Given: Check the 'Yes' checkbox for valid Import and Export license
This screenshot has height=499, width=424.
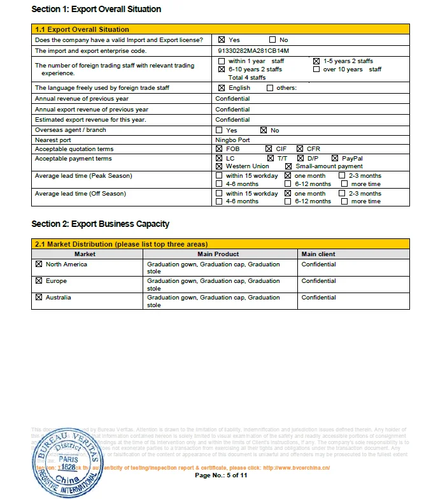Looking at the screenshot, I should pos(222,40).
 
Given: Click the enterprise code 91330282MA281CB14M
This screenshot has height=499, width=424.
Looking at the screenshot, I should pos(244,50).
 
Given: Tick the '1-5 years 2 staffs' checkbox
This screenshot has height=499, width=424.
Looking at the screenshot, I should pos(316,61).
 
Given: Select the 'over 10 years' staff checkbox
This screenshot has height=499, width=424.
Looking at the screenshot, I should pos(316,69).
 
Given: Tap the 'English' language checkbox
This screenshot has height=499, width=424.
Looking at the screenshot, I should pos(222,88).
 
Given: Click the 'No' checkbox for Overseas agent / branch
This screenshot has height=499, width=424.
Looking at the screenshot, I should pos(264,130).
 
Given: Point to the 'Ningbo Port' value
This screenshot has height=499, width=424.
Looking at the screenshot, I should pos(232,140).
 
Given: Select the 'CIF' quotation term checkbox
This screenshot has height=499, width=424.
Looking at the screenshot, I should pos(269,148).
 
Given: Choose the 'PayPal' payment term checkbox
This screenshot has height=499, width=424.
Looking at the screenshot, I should pos(335,158).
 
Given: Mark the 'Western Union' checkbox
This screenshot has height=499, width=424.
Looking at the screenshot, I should pos(220,166).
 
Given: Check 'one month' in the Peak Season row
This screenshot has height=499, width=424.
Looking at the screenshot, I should pos(288,175).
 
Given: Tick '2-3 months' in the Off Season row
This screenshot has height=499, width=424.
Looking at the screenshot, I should pos(344,193).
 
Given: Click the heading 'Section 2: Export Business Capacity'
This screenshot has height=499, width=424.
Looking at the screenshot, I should pos(101,224).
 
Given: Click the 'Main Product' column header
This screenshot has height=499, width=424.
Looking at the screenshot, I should pos(218,254).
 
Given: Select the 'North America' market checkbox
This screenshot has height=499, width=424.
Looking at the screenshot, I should pos(39,264).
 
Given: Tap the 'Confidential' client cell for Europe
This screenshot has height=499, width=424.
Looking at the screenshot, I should pos(318,281).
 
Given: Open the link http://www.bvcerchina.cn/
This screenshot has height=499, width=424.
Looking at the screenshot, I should pos(297,467).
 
